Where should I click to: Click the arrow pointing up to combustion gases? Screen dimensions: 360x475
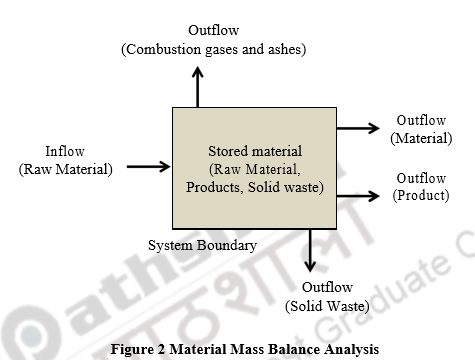[198, 86]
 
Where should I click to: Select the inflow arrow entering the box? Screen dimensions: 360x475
[149, 167]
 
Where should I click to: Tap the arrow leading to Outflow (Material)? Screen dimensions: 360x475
[358, 128]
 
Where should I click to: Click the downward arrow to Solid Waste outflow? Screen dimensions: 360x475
[310, 250]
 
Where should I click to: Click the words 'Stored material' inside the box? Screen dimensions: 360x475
[254, 150]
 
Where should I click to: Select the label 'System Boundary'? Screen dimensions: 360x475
[202, 245]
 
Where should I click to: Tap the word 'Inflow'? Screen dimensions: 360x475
[65, 151]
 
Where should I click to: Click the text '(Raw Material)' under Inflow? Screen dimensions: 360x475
[66, 169]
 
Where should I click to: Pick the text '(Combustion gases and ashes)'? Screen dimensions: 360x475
[214, 49]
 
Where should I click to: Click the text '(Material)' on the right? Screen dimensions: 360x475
[421, 138]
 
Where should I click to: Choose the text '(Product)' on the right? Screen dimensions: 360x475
[421, 196]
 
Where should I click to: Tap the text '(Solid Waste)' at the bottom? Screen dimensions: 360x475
[328, 306]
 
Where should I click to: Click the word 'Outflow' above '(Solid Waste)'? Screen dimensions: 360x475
[328, 288]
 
